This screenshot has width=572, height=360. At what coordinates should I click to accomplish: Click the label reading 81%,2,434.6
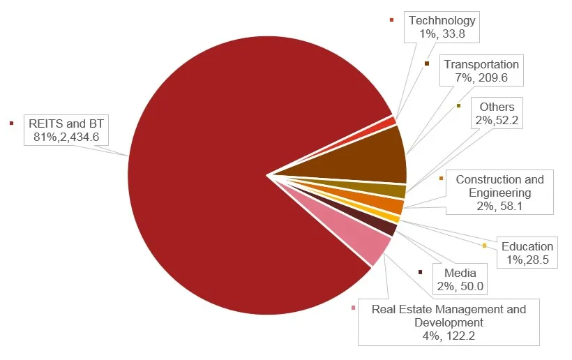pos(66,137)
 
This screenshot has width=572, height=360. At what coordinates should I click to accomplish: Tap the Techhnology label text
pos(442,21)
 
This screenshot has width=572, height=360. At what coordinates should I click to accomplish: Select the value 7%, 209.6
pos(481,78)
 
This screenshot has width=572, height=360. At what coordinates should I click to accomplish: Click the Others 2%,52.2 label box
pos(497,114)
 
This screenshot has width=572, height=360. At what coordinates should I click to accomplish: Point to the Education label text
pos(527,246)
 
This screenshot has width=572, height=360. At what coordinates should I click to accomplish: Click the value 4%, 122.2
pos(449,336)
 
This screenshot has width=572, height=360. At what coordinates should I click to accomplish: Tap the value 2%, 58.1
pos(499,206)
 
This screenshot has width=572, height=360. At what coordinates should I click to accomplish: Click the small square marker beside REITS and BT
pos(11,123)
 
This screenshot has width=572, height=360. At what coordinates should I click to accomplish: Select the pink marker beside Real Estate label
pos(354,308)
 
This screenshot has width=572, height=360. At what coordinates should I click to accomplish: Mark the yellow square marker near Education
pos(484,245)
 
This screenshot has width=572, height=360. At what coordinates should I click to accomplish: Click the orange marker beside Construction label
pos(442,179)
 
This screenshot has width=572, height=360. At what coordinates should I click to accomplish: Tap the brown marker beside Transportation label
pos(426,63)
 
